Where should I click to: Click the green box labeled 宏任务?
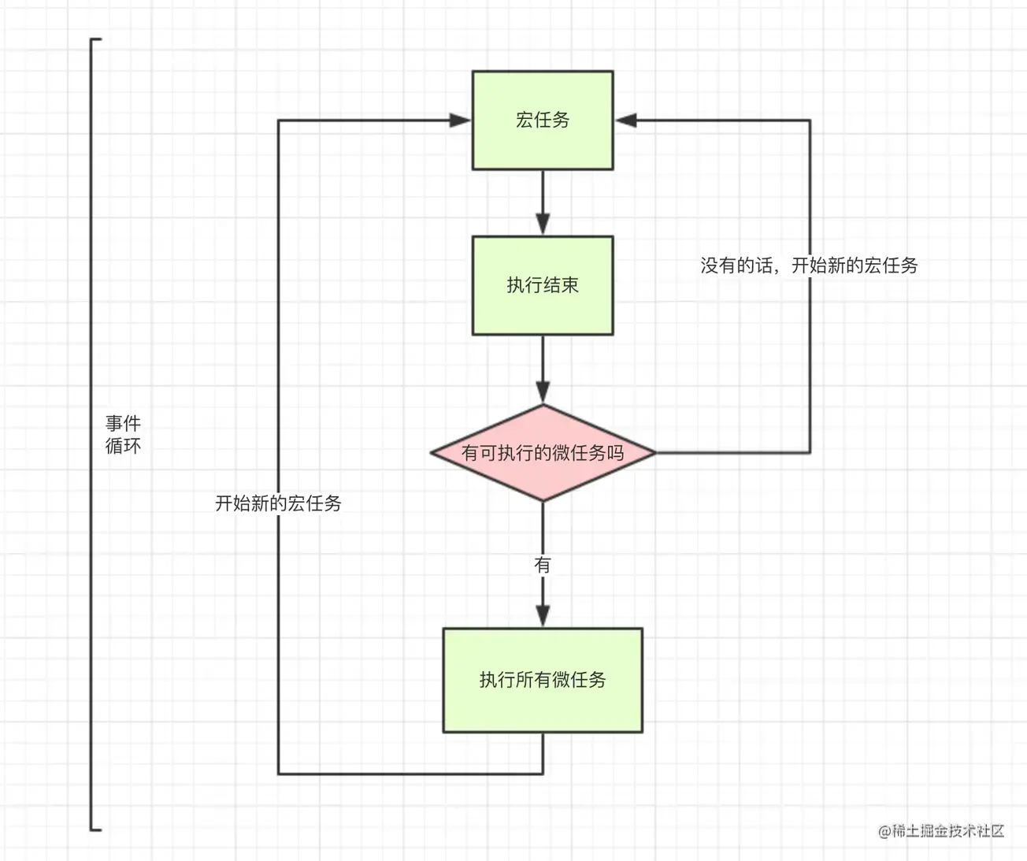[543, 121]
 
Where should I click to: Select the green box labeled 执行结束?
[543, 286]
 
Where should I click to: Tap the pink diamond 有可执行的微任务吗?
[543, 453]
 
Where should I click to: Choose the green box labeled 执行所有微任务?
[543, 680]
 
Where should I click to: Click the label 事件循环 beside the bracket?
[123, 435]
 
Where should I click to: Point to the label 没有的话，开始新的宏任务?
[809, 265]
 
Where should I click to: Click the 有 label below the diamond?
[543, 565]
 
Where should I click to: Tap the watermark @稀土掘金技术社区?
[941, 831]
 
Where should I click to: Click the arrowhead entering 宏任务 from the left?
[460, 120]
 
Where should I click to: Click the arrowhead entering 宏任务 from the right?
[625, 120]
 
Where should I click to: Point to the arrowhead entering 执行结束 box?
[543, 225]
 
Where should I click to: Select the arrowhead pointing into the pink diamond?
[543, 392]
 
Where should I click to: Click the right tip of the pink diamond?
[656, 453]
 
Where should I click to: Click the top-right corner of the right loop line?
[810, 120]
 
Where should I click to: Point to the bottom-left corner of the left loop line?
[278, 774]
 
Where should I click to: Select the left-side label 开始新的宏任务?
[278, 503]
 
